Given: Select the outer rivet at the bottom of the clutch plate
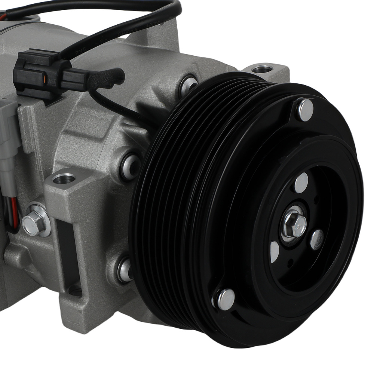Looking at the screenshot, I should (x=226, y=299).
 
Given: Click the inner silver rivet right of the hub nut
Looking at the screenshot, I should (x=317, y=239).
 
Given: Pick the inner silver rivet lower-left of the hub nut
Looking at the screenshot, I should (x=275, y=251).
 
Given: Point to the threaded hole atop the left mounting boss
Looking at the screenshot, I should (x=64, y=179).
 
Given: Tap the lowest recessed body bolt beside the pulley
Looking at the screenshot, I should (x=125, y=270).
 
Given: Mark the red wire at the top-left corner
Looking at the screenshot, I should (x=3, y=17).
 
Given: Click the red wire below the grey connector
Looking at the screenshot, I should (x=14, y=213).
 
